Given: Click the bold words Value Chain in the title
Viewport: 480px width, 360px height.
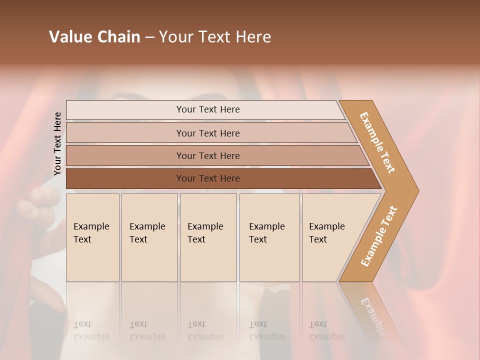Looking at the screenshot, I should point(94,37).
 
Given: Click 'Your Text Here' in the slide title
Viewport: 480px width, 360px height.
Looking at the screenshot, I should point(215,37).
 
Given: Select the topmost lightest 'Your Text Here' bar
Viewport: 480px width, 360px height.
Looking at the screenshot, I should point(207,109).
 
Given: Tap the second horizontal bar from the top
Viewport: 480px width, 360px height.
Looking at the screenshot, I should point(207,133).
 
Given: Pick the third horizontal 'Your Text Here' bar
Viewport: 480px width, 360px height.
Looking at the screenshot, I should point(207,155).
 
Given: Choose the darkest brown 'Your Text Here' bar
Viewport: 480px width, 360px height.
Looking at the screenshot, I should point(207,178).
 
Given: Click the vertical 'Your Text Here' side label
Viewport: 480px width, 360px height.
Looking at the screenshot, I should point(57,144).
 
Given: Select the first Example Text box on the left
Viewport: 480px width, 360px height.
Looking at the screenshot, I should point(92,237).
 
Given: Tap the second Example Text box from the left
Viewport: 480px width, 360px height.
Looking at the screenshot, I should point(149,237).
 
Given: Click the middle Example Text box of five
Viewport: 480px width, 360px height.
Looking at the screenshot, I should point(208,237).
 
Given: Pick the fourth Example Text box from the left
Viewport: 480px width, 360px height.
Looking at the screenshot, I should point(269,237).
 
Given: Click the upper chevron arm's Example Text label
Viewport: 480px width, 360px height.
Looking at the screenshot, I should point(377,142).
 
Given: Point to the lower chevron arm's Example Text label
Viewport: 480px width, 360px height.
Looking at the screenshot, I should point(378,236).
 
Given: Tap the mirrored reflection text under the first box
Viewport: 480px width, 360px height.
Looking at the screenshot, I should point(91,331).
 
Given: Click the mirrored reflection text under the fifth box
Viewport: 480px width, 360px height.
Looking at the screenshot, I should point(326,331).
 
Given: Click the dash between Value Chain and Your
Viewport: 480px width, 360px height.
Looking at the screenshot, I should point(149,37).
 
